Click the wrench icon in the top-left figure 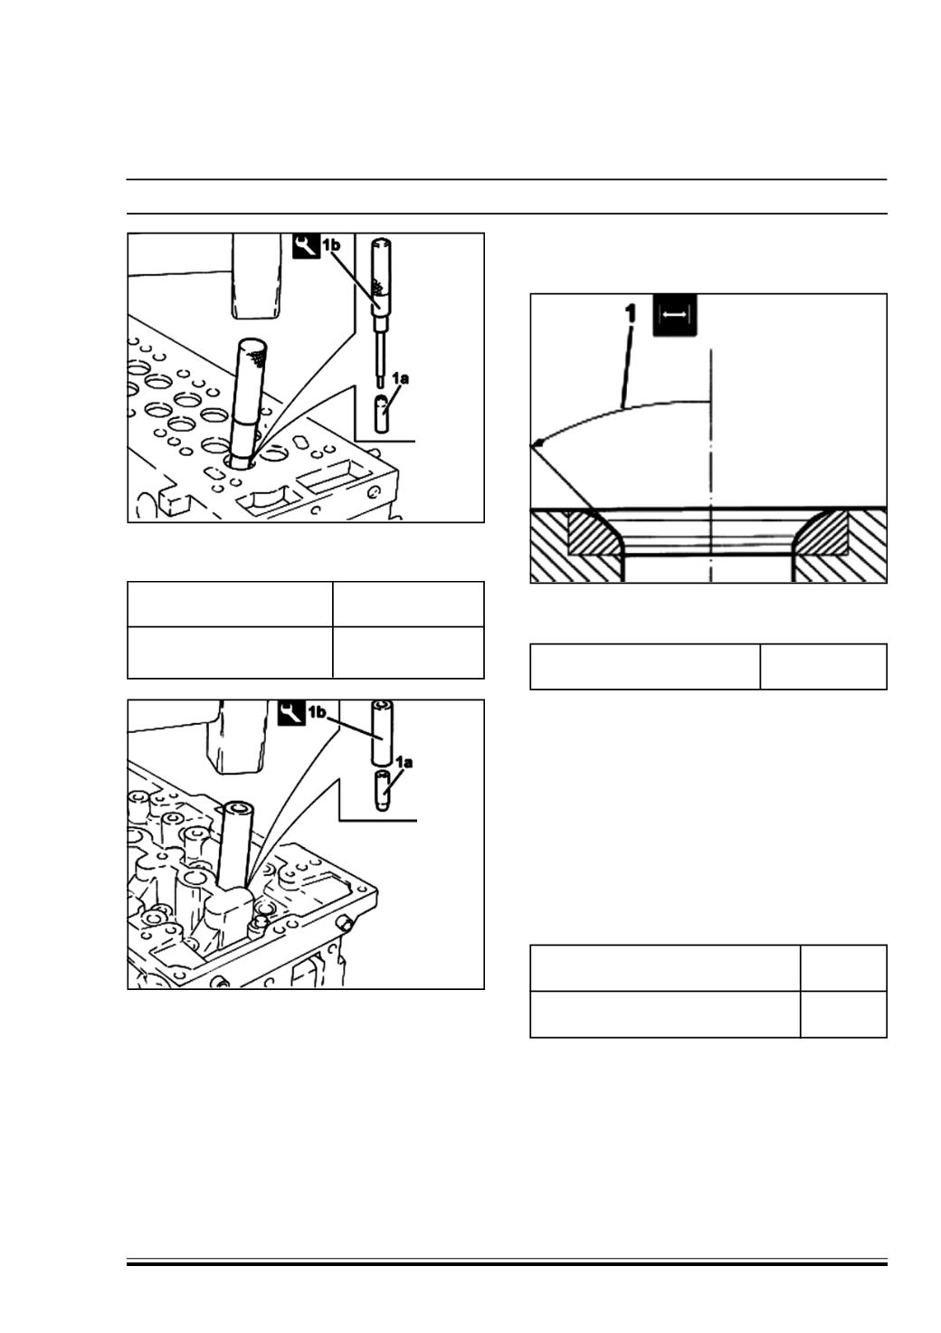[x=307, y=245]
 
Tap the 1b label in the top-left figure [x=331, y=244]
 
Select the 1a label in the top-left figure [x=400, y=378]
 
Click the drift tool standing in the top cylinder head [x=250, y=404]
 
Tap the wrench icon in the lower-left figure [x=291, y=711]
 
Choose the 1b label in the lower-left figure [x=317, y=711]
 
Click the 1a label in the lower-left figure [x=404, y=762]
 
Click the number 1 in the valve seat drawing [x=631, y=314]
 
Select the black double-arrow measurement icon [x=674, y=315]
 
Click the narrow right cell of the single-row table [x=823, y=666]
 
